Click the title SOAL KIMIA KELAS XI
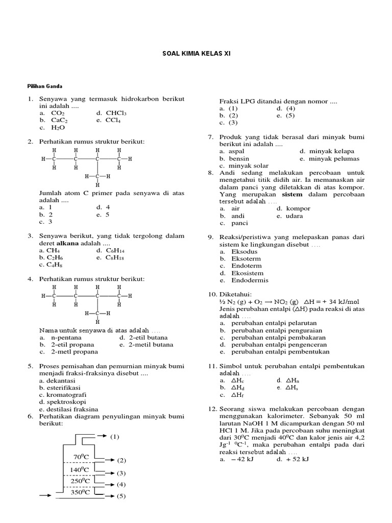click(196, 53)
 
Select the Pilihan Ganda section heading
click(44, 86)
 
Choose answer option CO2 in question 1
click(58, 113)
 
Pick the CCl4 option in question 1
click(113, 121)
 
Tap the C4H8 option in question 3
click(50, 265)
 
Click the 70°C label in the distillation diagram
click(82, 457)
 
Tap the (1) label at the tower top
click(114, 437)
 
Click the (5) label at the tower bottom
click(121, 496)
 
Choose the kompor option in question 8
click(298, 208)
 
